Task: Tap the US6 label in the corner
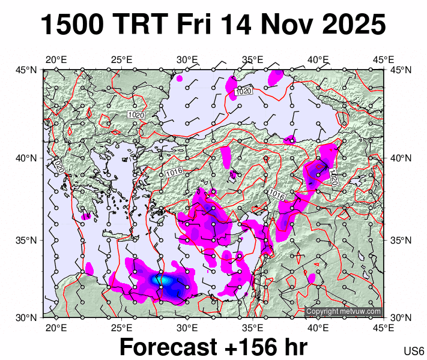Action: pyautogui.click(x=414, y=351)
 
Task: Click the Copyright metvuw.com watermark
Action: pyautogui.click(x=343, y=311)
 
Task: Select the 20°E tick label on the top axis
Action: pyautogui.click(x=56, y=59)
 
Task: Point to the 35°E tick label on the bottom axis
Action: pyautogui.click(x=253, y=328)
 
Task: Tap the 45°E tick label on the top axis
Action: pyautogui.click(x=384, y=59)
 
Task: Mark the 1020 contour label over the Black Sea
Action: pyautogui.click(x=243, y=91)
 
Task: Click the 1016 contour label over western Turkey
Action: pyautogui.click(x=174, y=172)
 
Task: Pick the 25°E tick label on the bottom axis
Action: pyautogui.click(x=121, y=328)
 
